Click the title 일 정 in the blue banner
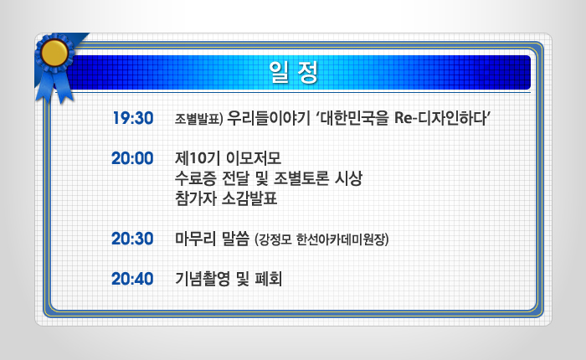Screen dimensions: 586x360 tap(293, 72)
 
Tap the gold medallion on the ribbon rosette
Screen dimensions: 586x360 tap(54, 53)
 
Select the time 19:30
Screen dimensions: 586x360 tap(133, 118)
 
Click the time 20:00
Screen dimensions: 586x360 tap(132, 158)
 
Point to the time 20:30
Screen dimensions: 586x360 tap(132, 239)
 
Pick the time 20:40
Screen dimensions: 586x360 tap(132, 279)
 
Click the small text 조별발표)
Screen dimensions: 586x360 tap(199, 119)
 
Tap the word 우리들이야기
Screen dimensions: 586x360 tap(269, 118)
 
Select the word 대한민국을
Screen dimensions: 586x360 tap(355, 118)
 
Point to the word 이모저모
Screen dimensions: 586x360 tap(254, 158)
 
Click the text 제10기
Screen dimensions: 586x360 tap(197, 158)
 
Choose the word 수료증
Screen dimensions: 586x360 tap(195, 178)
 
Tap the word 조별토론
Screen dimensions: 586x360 tap(301, 178)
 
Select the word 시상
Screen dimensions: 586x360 tap(348, 178)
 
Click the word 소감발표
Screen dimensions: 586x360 tap(249, 198)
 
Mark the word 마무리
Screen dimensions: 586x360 tap(195, 239)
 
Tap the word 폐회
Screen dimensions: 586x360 tap(269, 279)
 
